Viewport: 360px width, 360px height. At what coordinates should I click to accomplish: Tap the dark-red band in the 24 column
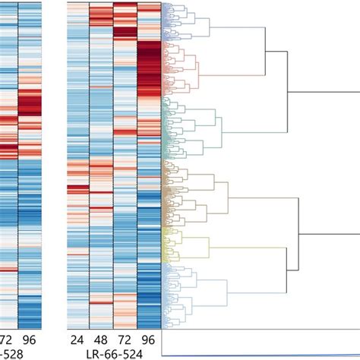click(77, 189)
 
